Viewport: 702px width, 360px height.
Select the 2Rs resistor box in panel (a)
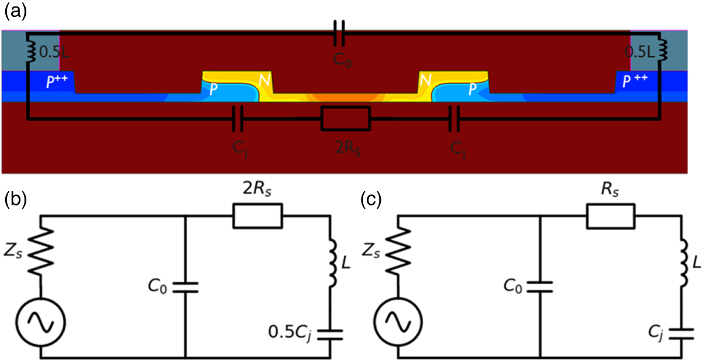click(x=346, y=119)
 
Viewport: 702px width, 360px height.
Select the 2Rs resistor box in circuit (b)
click(x=257, y=215)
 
